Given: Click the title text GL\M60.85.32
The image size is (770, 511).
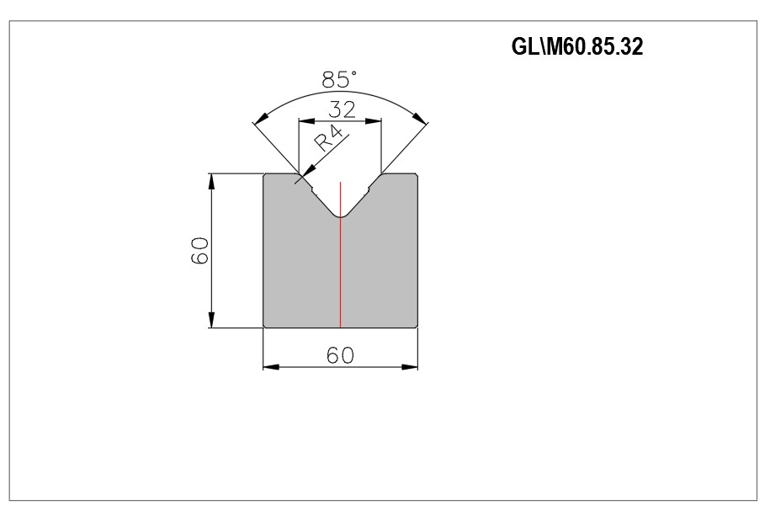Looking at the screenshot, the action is (577, 46).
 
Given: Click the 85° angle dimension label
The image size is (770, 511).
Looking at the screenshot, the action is (339, 79).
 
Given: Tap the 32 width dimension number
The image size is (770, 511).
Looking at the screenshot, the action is (342, 109).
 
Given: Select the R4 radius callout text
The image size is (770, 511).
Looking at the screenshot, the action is (328, 138).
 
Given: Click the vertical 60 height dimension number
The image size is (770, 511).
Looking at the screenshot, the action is (200, 251).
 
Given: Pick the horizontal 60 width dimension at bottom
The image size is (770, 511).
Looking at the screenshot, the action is (340, 355).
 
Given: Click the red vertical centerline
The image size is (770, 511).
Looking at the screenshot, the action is (340, 254).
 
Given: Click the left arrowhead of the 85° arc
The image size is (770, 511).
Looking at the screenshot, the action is (261, 119).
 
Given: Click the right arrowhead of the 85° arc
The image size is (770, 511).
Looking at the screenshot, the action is (419, 119).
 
